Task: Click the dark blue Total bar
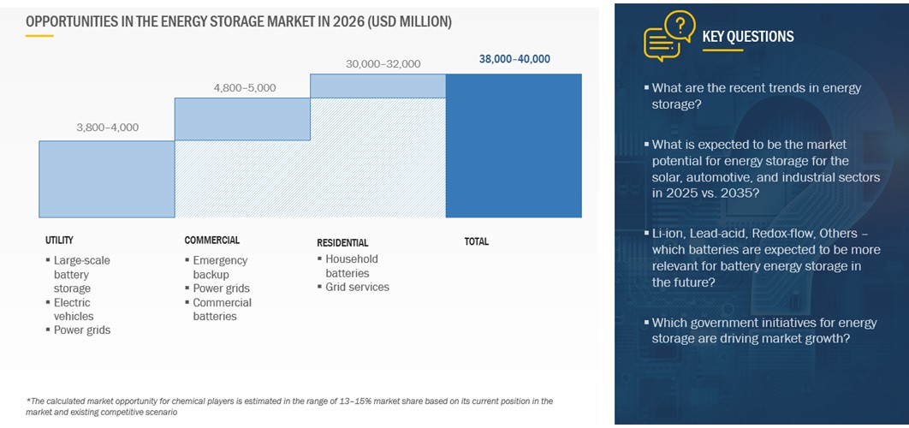coord(514,145)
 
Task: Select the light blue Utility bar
coord(106,178)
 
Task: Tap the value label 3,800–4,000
coord(107,128)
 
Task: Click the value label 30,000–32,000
coord(383,63)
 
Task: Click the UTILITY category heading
coord(59,241)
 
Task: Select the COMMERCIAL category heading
coord(211,241)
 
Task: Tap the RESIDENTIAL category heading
coord(342,242)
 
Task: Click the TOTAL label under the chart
coord(476,241)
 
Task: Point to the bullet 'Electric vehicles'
coord(73,309)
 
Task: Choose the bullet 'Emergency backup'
coord(220,267)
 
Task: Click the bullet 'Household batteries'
coord(351,265)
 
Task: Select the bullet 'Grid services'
coord(357,287)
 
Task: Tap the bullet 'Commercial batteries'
coord(222,309)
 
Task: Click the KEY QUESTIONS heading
coord(747,36)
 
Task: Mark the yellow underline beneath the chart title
coord(39,36)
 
